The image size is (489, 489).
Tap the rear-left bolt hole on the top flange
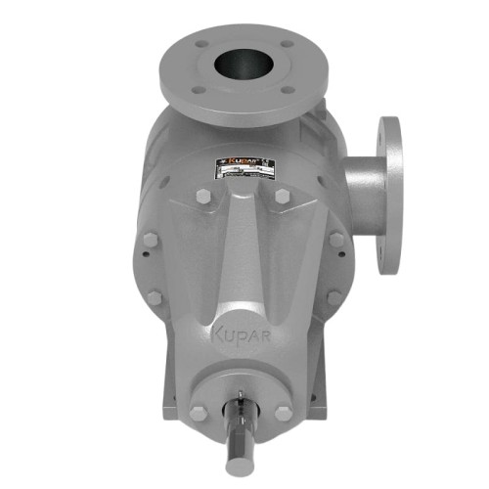(200, 44)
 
